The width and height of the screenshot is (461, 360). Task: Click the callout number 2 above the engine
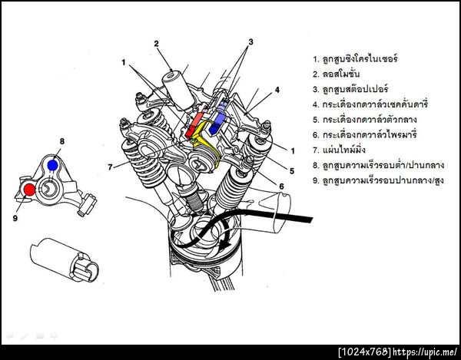(156, 43)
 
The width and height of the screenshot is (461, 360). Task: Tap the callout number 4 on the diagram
(277, 90)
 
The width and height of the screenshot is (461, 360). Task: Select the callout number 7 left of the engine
(111, 166)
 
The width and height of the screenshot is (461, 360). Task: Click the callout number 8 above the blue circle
(62, 142)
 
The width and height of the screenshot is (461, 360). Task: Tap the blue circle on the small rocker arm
(51, 164)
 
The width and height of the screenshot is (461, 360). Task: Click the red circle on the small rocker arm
(28, 189)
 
